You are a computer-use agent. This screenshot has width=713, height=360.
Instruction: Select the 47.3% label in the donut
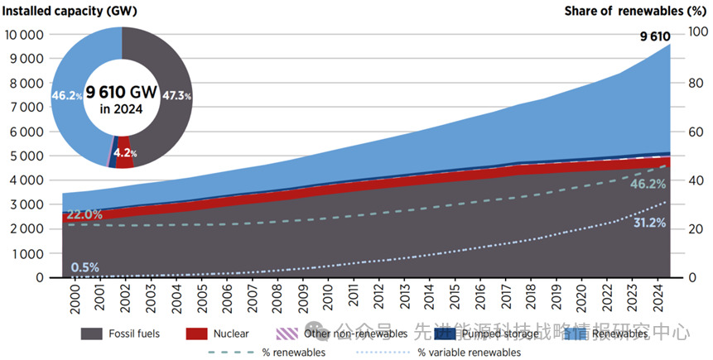[176, 96]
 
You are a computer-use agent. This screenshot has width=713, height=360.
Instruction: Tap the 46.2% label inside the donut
[67, 96]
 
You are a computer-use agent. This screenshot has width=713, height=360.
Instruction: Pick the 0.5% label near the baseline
[84, 267]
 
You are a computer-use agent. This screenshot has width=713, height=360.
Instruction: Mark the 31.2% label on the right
[648, 223]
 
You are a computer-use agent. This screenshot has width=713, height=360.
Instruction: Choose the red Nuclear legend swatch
[195, 334]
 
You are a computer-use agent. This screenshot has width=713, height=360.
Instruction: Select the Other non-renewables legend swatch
[287, 334]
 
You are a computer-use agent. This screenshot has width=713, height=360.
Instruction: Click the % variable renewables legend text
[469, 353]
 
